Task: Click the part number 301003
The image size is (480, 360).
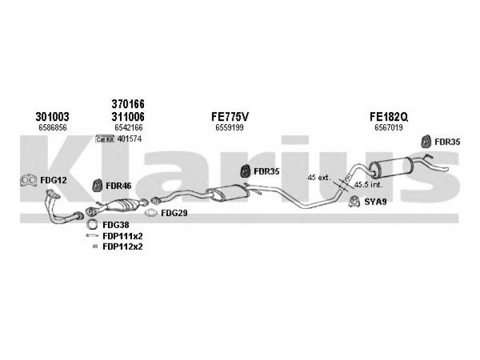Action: point(52,116)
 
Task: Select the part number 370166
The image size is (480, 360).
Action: point(128,104)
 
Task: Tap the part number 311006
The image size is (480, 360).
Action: point(128,116)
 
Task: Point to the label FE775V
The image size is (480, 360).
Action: point(230,116)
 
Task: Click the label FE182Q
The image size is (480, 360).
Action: point(389,116)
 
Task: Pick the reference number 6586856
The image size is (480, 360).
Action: point(53,128)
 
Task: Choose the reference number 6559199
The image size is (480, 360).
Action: point(230,128)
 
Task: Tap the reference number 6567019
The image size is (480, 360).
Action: point(389,128)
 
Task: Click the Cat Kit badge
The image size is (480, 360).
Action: point(104,139)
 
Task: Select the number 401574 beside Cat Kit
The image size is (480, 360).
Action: point(130,139)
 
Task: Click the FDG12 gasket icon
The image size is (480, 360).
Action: point(28,181)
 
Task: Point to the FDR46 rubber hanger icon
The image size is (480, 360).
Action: point(97,186)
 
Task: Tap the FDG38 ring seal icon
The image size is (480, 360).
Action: point(92,224)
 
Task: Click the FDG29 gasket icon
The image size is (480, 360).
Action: point(151,213)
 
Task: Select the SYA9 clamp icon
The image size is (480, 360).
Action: point(354,202)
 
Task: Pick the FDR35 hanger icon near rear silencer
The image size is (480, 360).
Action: point(426,142)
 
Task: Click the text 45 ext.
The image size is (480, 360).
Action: point(319,178)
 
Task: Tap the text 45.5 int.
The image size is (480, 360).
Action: point(368,185)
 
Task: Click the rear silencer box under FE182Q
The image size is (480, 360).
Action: point(391,167)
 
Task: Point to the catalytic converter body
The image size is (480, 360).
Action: point(122,205)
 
